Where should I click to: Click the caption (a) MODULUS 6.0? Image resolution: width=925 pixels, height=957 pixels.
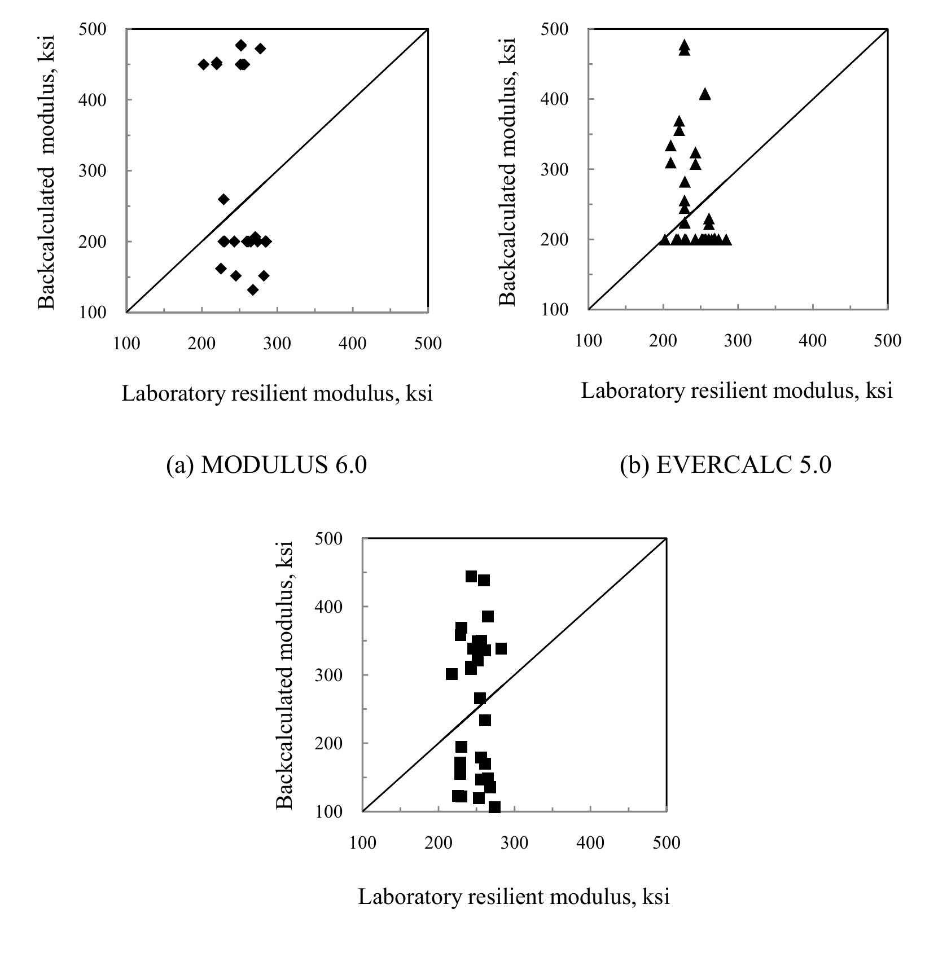pyautogui.click(x=266, y=465)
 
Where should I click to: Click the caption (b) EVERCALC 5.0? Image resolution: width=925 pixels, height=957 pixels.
pyautogui.click(x=725, y=465)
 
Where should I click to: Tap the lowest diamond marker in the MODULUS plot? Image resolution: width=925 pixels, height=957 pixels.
pyautogui.click(x=253, y=290)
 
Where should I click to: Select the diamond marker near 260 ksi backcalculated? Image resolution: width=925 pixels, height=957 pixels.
pyautogui.click(x=223, y=199)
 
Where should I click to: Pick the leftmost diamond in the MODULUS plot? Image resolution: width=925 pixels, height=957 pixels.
pyautogui.click(x=204, y=64)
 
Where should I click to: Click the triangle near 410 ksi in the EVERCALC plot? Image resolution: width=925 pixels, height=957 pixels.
pyautogui.click(x=705, y=95)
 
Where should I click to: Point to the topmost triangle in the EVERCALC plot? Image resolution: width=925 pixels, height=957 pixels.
pyautogui.click(x=685, y=45)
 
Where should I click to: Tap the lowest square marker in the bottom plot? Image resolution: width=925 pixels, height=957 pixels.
pyautogui.click(x=494, y=807)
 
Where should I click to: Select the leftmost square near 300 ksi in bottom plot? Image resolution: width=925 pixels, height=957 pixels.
pyautogui.click(x=451, y=674)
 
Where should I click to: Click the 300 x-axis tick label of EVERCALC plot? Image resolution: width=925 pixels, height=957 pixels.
pyautogui.click(x=738, y=341)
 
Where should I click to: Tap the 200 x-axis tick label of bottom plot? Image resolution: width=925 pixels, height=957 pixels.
pyautogui.click(x=438, y=843)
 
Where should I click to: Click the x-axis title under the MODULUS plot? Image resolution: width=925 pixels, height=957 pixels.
pyautogui.click(x=277, y=393)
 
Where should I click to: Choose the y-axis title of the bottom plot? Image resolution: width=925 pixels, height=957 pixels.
pyautogui.click(x=286, y=675)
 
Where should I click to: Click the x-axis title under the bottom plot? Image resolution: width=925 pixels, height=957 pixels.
pyautogui.click(x=514, y=897)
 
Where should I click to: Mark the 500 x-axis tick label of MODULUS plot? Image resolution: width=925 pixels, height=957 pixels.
pyautogui.click(x=428, y=343)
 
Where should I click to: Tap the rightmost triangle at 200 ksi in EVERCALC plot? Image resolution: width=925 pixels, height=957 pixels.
pyautogui.click(x=726, y=240)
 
